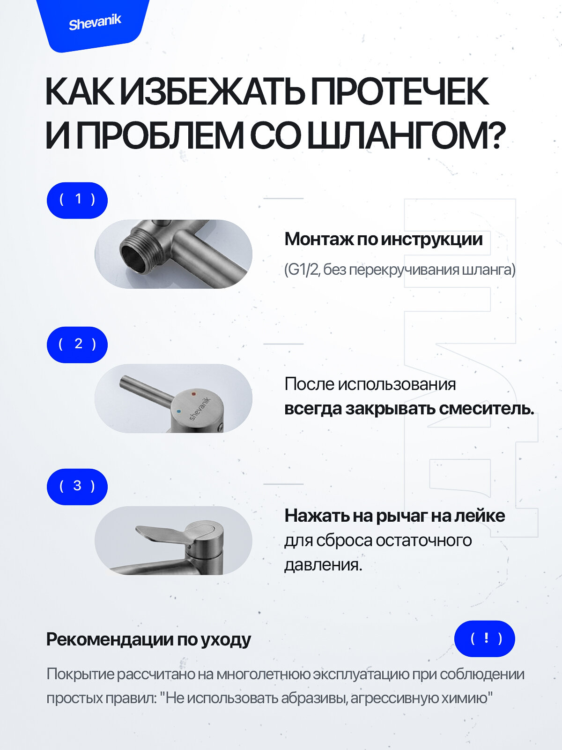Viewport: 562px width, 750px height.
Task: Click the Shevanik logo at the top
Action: click(95, 22)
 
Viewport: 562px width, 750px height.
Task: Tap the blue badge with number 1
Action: click(77, 200)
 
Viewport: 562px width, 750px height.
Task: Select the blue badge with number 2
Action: click(77, 345)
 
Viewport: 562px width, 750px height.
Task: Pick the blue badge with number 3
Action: click(77, 487)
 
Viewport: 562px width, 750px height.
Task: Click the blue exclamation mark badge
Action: click(485, 638)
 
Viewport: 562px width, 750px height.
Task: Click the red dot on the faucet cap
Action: click(193, 395)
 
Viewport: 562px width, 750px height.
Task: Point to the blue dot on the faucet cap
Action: click(178, 412)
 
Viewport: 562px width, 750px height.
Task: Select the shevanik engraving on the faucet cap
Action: click(200, 409)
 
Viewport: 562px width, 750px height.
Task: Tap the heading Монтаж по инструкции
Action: click(383, 239)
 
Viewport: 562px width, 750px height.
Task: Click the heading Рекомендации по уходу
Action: click(148, 639)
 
